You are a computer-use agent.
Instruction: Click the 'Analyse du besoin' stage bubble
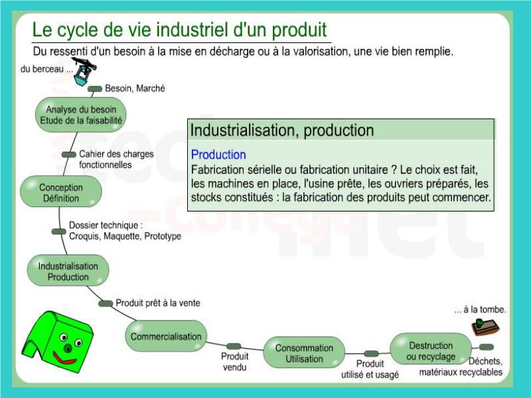point(80,115)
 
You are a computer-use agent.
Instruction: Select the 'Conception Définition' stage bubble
point(61,192)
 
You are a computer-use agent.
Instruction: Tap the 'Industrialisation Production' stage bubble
point(68,271)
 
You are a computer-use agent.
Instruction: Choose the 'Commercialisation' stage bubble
point(166,336)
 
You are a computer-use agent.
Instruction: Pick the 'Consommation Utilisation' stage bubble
point(304,353)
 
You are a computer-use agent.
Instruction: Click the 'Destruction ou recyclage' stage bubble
point(431,350)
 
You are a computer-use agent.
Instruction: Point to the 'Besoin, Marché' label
point(135,88)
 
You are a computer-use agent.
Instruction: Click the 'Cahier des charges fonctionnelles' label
point(116,159)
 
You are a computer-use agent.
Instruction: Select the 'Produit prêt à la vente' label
point(158,303)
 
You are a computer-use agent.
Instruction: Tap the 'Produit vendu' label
point(235,362)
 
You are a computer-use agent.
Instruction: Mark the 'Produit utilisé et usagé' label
point(370,369)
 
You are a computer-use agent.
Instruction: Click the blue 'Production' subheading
point(218,155)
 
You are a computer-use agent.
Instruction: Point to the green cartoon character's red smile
point(64,358)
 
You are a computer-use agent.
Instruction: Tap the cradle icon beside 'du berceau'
point(84,71)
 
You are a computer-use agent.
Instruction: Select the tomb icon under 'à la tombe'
point(485,326)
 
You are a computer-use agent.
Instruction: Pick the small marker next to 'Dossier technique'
point(59,232)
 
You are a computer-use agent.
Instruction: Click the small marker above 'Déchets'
point(487,347)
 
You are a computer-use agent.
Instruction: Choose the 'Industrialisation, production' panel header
point(341,130)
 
